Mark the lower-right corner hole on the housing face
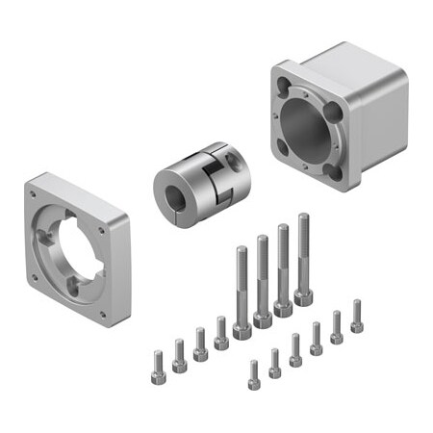coord(332,170)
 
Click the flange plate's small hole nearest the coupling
coord(104,231)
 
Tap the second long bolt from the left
coord(263,279)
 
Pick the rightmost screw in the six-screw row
coord(357,317)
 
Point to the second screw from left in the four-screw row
coord(179,356)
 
